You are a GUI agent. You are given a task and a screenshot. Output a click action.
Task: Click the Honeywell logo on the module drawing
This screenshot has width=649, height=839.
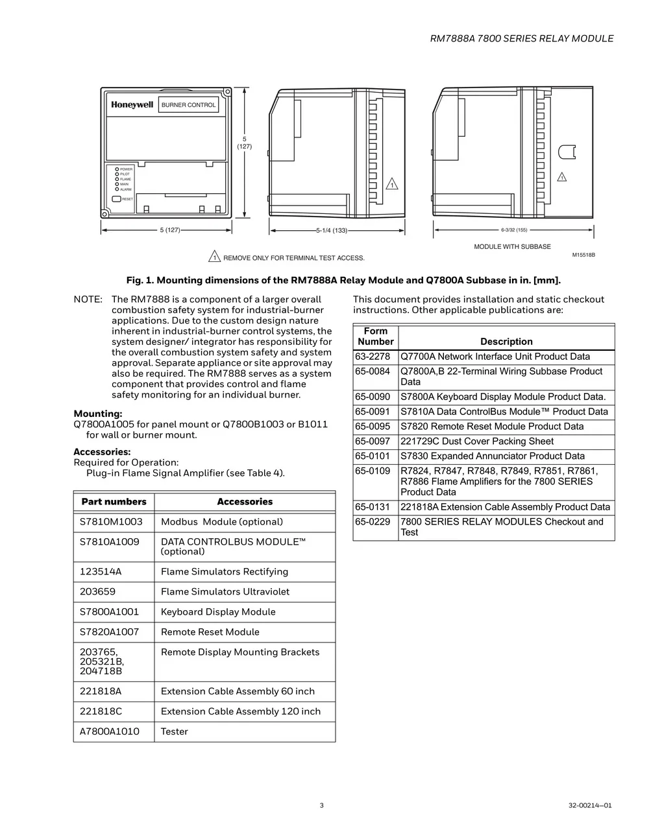tap(132, 105)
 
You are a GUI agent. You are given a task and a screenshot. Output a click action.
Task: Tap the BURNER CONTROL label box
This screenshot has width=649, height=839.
tap(188, 105)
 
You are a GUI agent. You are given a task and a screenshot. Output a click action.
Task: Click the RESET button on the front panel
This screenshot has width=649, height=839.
tap(117, 199)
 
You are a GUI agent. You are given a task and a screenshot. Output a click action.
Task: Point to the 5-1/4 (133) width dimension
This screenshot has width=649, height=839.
tap(332, 230)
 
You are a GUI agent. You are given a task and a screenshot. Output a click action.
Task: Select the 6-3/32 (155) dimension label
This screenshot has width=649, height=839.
tap(514, 230)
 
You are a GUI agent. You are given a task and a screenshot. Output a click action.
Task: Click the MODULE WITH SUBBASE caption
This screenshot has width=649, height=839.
tap(512, 247)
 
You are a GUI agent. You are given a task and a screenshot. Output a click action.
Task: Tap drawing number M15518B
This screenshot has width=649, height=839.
tap(583, 255)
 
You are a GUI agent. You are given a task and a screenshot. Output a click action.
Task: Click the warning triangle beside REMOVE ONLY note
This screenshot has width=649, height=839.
tap(214, 257)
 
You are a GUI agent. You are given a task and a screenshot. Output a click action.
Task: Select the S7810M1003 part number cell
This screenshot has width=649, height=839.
tap(111, 522)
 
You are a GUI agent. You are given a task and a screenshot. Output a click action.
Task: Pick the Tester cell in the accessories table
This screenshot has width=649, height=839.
tap(175, 731)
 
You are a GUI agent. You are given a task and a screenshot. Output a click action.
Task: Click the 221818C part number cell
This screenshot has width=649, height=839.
tap(101, 711)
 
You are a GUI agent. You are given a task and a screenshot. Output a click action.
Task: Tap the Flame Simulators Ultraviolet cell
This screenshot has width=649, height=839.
tap(225, 591)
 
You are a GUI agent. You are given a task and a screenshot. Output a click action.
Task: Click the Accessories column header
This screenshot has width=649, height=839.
tap(245, 502)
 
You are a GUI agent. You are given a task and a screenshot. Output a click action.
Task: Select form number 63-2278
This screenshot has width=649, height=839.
tap(373, 357)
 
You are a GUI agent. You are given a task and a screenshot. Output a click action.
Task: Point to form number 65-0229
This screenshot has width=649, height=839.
tap(373, 522)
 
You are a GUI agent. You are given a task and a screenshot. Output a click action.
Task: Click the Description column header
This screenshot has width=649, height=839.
tap(506, 342)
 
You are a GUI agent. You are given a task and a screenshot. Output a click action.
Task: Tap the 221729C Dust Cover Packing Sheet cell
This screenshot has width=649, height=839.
tap(477, 442)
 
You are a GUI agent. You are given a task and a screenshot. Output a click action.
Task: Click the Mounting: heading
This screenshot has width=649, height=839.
tap(98, 414)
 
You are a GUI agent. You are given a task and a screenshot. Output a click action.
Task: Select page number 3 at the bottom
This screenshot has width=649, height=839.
tap(321, 806)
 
